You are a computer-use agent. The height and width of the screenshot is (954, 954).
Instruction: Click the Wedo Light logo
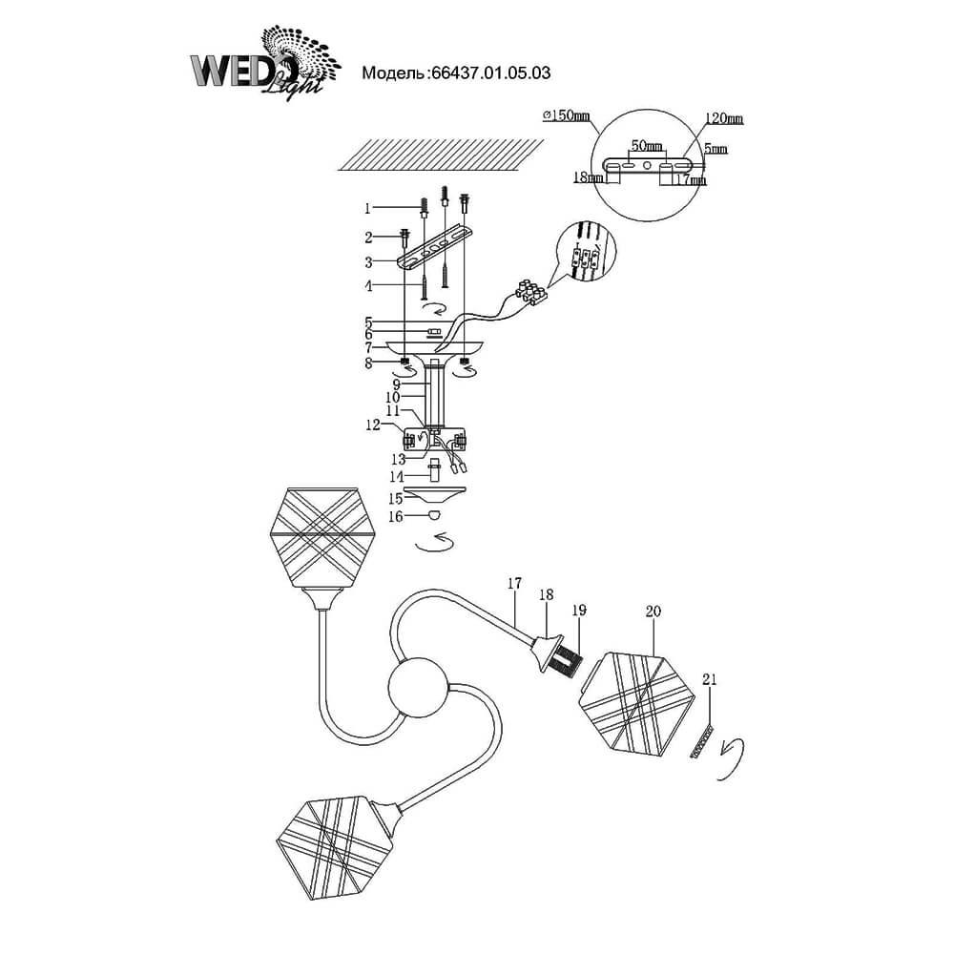[265, 64]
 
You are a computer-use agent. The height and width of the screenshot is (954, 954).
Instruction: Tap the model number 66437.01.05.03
[490, 73]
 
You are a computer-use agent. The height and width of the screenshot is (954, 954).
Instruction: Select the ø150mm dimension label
[566, 115]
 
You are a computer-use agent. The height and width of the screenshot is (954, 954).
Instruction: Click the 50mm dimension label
[646, 145]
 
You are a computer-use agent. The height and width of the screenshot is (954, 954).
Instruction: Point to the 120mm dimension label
[724, 118]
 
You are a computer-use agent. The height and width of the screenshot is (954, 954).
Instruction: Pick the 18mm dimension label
[589, 177]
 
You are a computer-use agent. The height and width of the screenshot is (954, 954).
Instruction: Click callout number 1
[367, 209]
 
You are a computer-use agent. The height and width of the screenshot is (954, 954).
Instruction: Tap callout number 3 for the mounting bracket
[368, 263]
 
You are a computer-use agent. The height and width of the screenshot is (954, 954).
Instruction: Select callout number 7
[368, 348]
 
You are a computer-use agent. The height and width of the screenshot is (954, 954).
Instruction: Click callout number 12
[373, 425]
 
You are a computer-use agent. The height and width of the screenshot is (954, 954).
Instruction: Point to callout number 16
[396, 516]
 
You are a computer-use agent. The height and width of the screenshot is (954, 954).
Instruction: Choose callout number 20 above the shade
[653, 611]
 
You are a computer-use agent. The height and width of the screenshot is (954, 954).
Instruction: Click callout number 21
[709, 679]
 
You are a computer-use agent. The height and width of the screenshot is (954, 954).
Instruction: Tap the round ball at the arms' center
[418, 686]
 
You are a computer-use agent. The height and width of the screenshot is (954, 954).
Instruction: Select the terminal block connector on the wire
[531, 292]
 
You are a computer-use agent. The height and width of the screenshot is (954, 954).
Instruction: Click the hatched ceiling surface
[441, 155]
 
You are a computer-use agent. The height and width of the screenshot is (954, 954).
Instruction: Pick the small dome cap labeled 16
[434, 515]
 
